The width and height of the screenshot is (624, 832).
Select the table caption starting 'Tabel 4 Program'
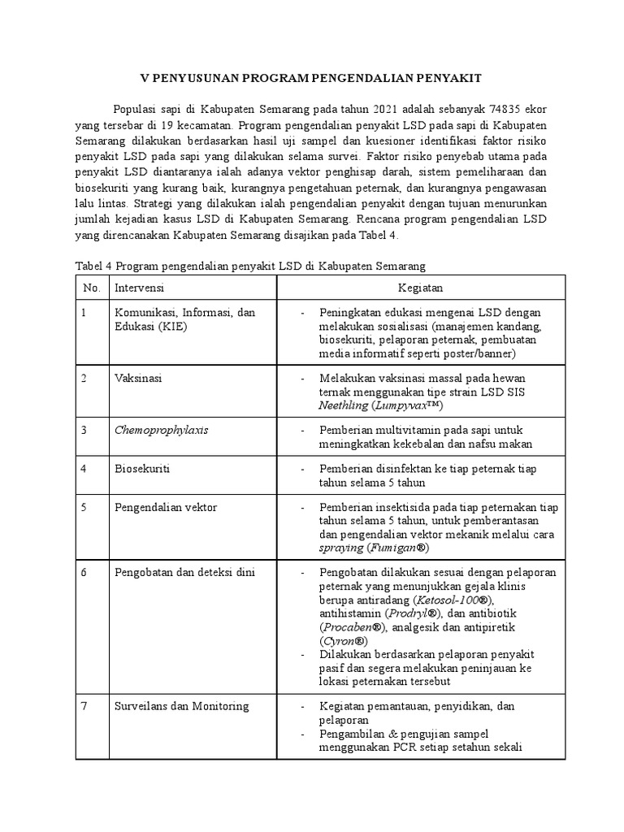250,266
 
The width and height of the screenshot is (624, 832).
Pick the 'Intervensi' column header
140,288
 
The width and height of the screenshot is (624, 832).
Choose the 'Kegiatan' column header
420,288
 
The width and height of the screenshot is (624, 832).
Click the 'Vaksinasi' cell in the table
138,379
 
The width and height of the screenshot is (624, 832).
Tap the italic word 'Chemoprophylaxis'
161,430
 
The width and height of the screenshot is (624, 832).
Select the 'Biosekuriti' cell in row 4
142,469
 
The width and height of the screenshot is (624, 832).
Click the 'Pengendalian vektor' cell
166,507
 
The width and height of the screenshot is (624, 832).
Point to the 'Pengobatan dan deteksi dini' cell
184,572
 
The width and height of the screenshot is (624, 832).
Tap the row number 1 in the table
84,313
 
